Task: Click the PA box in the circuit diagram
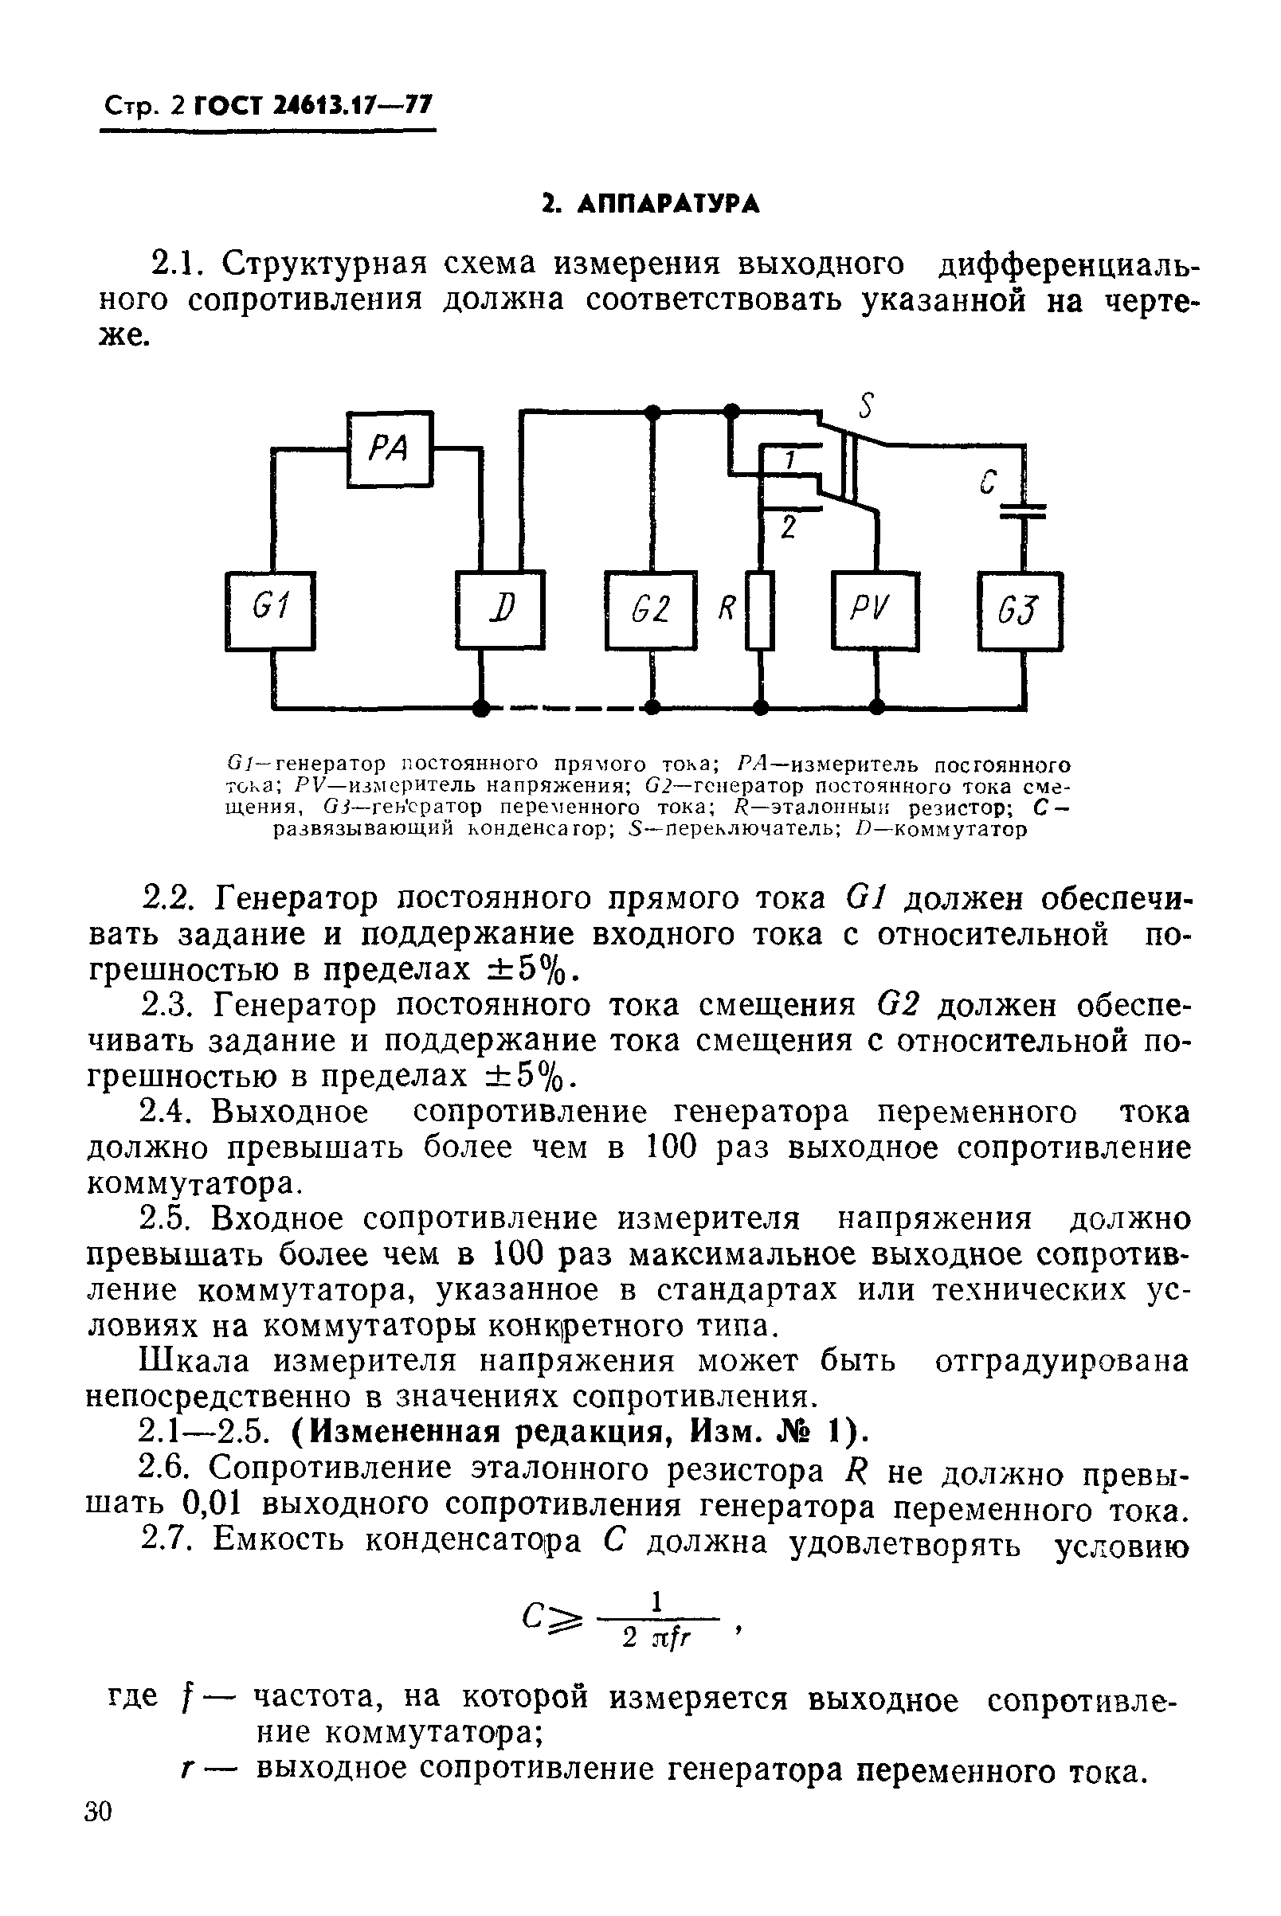[x=390, y=449]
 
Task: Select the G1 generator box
[x=270, y=610]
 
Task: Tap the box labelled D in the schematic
[x=500, y=610]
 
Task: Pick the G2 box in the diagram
[x=651, y=610]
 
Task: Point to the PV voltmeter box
[x=875, y=610]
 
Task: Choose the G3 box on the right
[x=1020, y=610]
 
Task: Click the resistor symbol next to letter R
[x=761, y=610]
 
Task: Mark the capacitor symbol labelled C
[x=1023, y=509]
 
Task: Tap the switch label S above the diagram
[x=867, y=405]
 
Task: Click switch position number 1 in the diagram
[x=789, y=461]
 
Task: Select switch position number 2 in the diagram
[x=788, y=529]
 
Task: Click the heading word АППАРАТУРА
[x=668, y=203]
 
